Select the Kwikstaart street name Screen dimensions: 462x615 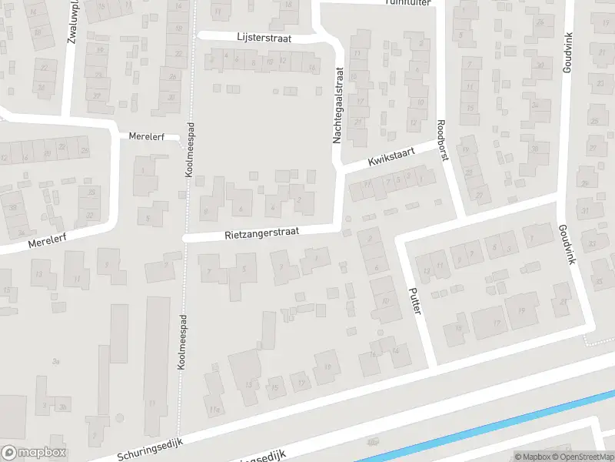pos(391,158)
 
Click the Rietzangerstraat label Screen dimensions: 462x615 pos(261,231)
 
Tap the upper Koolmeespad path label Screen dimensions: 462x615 pos(191,151)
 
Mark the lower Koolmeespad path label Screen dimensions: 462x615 pos(182,354)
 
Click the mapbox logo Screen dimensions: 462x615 pos(34,453)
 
